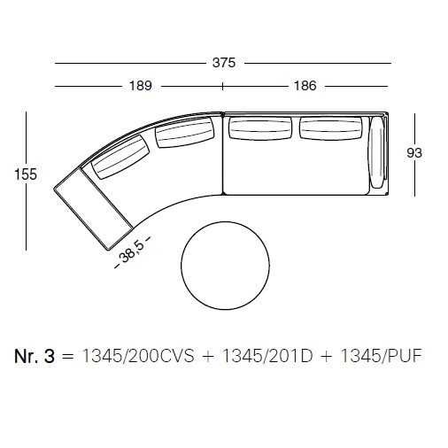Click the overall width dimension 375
224,63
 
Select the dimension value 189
141,86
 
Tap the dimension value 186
305,86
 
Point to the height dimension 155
26,174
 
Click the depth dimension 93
414,153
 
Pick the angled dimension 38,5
132,251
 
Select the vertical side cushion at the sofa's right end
376,152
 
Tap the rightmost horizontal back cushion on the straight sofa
331,128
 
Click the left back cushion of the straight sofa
260,128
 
